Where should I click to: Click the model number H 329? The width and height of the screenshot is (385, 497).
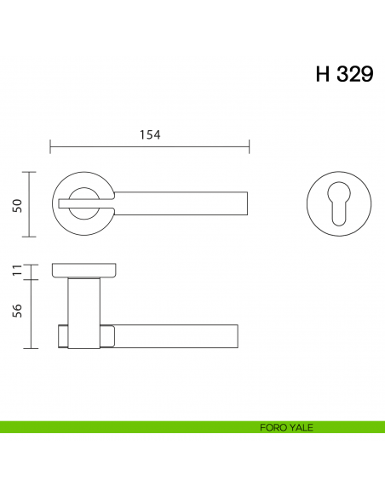(344, 74)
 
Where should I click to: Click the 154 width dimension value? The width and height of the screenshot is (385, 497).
(150, 134)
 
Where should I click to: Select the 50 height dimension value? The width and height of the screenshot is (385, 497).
(16, 204)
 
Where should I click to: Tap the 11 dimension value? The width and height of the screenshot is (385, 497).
(16, 271)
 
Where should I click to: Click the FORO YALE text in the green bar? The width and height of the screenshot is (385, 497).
(286, 427)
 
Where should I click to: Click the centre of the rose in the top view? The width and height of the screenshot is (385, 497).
(83, 204)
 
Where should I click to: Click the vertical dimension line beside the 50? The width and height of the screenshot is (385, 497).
(32, 204)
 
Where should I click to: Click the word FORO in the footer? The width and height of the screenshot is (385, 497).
(272, 427)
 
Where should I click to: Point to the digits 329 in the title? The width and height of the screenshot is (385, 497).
(353, 74)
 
